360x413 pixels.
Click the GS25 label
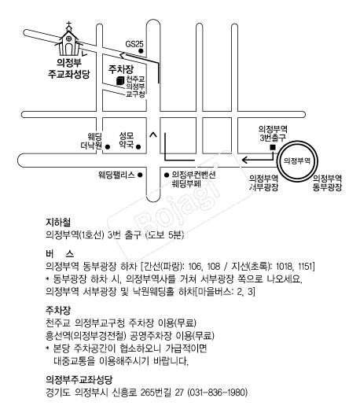tap(134, 44)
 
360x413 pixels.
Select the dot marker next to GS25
tap(141, 51)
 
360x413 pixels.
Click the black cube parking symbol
tap(120, 80)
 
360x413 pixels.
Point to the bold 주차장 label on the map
tap(121, 69)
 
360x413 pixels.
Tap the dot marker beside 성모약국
tap(138, 146)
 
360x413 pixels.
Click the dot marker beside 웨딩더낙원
tap(108, 146)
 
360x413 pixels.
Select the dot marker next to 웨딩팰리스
tap(140, 175)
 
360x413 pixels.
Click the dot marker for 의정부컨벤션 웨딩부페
tap(167, 175)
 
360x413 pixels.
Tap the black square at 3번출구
tap(273, 148)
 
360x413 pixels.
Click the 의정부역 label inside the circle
tap(297, 160)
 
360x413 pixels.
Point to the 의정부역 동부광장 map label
tap(327, 183)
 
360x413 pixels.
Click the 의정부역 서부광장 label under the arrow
tap(263, 183)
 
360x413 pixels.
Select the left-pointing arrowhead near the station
tap(244, 160)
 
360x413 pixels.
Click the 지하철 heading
tap(58, 223)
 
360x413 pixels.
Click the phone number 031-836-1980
tap(218, 393)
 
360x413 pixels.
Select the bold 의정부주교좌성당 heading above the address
tap(79, 379)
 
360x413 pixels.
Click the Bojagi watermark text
tap(178, 199)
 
